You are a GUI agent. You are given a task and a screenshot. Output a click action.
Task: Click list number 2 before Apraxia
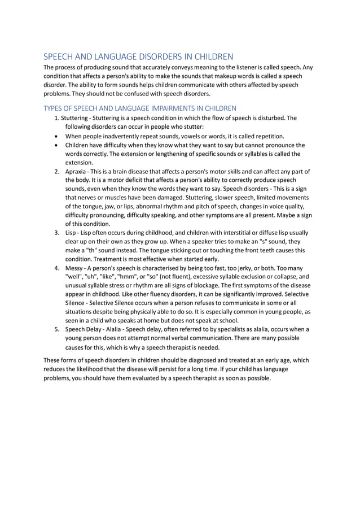tap(57, 171)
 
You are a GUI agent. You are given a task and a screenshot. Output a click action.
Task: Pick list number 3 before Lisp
tap(57, 233)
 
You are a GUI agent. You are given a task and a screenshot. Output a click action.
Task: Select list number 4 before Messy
tap(57, 268)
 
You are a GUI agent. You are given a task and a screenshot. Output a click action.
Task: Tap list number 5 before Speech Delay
tap(57, 329)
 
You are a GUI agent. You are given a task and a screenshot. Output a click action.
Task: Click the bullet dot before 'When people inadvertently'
tap(57, 137)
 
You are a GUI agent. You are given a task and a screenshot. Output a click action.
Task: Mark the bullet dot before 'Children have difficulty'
tap(57, 145)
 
